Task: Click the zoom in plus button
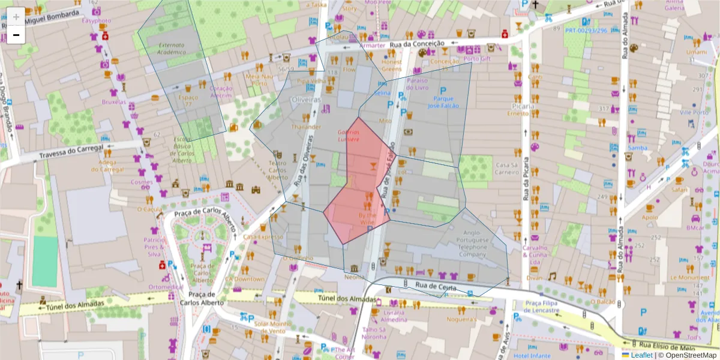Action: pos(16,17)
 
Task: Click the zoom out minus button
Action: pos(16,35)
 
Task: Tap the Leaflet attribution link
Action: pos(641,355)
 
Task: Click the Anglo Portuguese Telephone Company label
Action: pos(473,244)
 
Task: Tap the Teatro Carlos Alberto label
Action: pos(277,170)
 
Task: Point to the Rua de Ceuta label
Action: pos(436,287)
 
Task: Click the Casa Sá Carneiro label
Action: pos(506,169)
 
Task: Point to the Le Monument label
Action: pos(689,278)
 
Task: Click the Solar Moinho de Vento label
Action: pos(274,327)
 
